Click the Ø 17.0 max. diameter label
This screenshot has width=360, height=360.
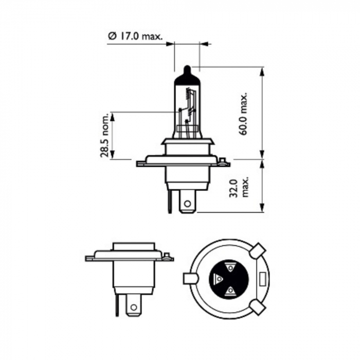[x=135, y=37]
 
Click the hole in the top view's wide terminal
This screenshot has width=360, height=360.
[x=187, y=204]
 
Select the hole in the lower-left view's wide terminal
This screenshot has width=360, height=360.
[x=134, y=307]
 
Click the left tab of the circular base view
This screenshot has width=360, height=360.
[x=191, y=279]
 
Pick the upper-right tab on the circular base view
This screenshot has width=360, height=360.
[x=258, y=251]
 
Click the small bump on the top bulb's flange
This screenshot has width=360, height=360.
[x=222, y=163]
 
